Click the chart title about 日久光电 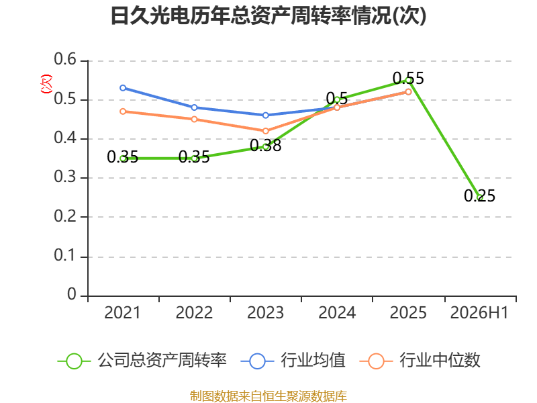pyautogui.click(x=268, y=15)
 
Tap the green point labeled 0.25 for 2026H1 pyautogui.click(x=480, y=197)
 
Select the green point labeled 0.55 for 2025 pyautogui.click(x=408, y=80)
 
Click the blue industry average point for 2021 pyautogui.click(x=123, y=88)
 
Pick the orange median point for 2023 pyautogui.click(x=265, y=131)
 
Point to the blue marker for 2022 pyautogui.click(x=194, y=107)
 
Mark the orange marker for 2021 pyautogui.click(x=123, y=111)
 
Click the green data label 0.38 pyautogui.click(x=265, y=146)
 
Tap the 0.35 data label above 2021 pyautogui.click(x=123, y=157)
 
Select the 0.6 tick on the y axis pyautogui.click(x=65, y=59)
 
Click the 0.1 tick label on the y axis pyautogui.click(x=65, y=255)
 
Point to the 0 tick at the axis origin pyautogui.click(x=72, y=294)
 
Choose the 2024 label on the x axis pyautogui.click(x=337, y=313)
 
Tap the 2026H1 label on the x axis pyautogui.click(x=479, y=313)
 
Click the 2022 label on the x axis pyautogui.click(x=194, y=313)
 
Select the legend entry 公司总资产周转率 pyautogui.click(x=142, y=361)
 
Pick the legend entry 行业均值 pyautogui.click(x=293, y=361)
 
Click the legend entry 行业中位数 pyautogui.click(x=420, y=361)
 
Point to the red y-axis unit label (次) pyautogui.click(x=46, y=84)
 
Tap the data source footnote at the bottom pyautogui.click(x=268, y=396)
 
